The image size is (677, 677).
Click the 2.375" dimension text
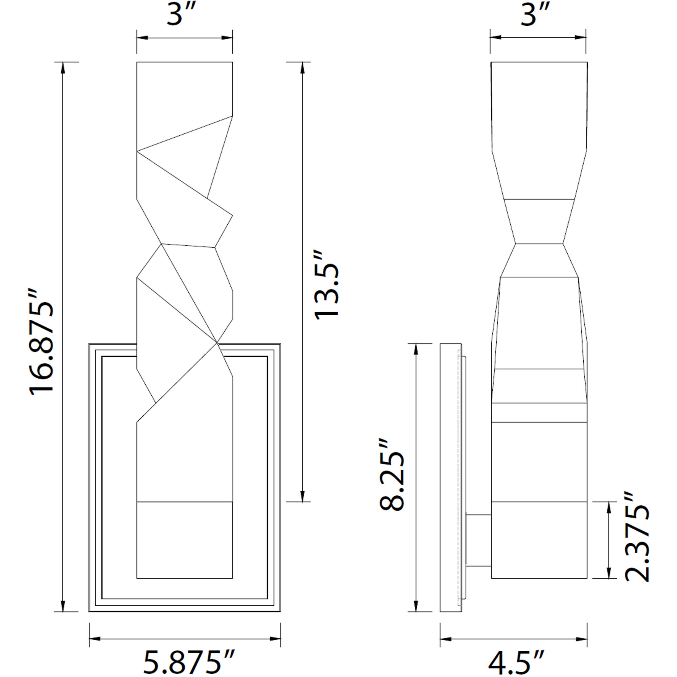637,537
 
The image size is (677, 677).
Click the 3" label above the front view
180,15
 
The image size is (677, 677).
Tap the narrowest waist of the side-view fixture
539,244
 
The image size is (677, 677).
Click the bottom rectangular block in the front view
184,540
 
